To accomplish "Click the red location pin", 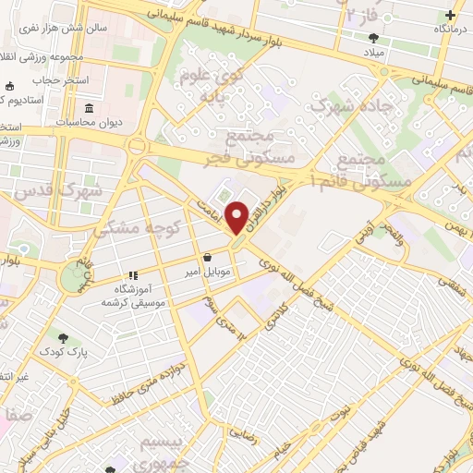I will (x=237, y=217).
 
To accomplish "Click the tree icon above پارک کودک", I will (x=63, y=338).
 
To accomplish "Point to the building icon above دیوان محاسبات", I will (x=90, y=107).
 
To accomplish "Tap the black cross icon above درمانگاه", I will (x=450, y=15).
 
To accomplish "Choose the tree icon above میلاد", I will (x=373, y=39).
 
